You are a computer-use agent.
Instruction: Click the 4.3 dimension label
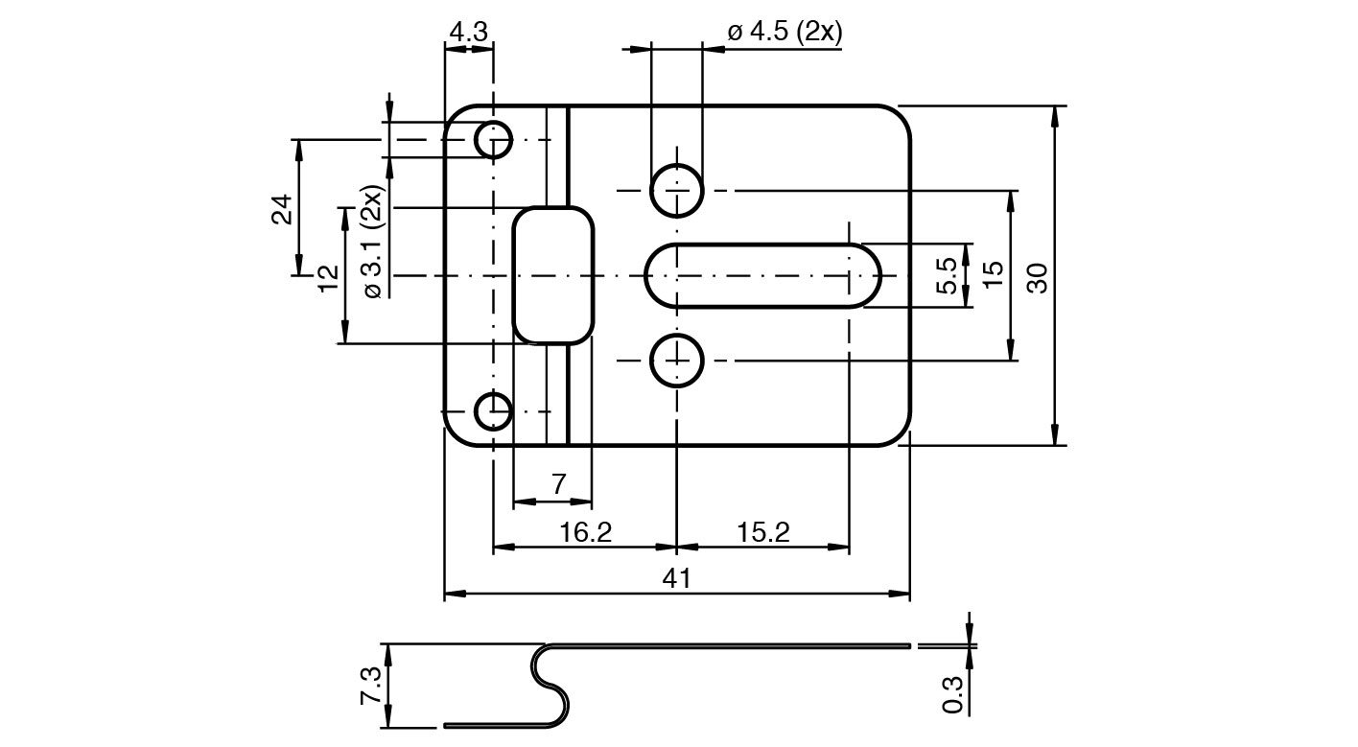coord(469,32)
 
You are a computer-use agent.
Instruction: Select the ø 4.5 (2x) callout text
coord(784,32)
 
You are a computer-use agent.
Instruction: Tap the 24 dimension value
coord(281,209)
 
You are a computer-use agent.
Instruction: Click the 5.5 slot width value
coord(946,276)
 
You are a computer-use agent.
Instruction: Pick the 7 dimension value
coord(559,485)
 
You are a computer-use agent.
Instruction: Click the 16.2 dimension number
coord(586,532)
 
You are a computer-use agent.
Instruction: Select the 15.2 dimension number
coord(763,532)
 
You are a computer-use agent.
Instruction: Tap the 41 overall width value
coord(677,578)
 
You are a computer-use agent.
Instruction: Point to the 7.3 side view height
coord(371,687)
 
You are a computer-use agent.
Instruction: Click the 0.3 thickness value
coord(952,694)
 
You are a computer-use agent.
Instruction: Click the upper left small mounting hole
coord(494,141)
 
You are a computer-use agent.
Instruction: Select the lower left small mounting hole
coord(494,411)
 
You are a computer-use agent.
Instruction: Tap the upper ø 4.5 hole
coord(677,190)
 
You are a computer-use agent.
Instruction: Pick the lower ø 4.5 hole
coord(677,361)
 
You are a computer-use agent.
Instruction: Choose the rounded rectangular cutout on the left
coord(553,275)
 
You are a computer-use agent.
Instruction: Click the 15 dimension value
coord(994,275)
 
